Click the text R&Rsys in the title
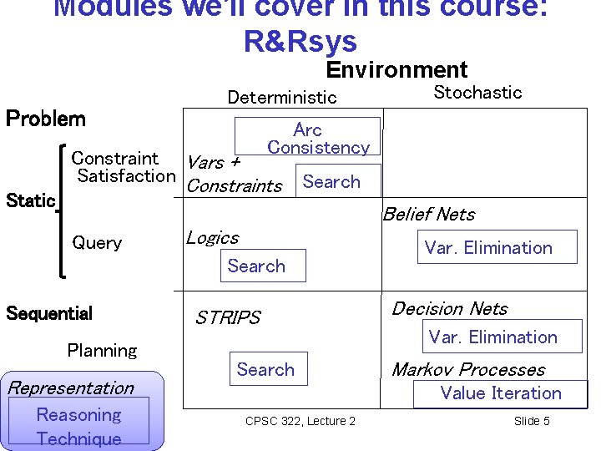click(x=300, y=41)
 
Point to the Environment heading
click(x=396, y=69)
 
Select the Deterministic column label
click(x=282, y=98)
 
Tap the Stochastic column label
click(x=477, y=93)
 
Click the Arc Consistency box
click(x=307, y=138)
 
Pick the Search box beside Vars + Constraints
click(x=331, y=182)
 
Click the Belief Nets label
click(x=428, y=215)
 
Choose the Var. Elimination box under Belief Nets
click(x=488, y=247)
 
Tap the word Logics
click(x=212, y=238)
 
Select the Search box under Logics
click(x=256, y=266)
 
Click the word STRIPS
click(x=227, y=318)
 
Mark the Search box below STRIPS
click(x=265, y=370)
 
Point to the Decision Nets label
click(x=449, y=309)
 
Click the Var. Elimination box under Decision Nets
click(x=492, y=337)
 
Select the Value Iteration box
click(x=501, y=393)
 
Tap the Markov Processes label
click(x=467, y=370)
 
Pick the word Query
click(x=97, y=243)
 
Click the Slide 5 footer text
click(x=532, y=421)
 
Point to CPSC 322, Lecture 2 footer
click(x=300, y=421)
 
